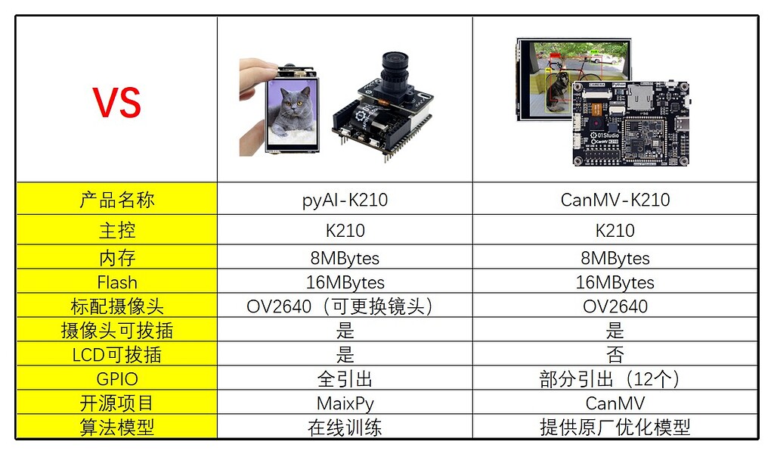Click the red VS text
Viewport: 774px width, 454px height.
(117, 102)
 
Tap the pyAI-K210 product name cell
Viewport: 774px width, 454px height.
(345, 200)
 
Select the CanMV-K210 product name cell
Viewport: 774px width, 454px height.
(615, 200)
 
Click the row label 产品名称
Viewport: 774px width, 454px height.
(117, 200)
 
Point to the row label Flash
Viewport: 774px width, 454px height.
(117, 282)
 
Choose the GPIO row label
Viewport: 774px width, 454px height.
(117, 379)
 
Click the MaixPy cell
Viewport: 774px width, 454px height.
(345, 403)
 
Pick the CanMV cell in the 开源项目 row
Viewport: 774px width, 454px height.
(615, 403)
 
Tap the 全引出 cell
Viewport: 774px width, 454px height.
(345, 379)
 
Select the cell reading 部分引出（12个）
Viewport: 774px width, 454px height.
(615, 379)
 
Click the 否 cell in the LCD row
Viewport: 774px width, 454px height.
(615, 355)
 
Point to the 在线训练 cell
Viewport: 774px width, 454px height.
(345, 428)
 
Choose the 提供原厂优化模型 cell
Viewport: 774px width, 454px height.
(615, 428)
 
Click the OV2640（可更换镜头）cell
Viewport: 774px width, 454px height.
(345, 306)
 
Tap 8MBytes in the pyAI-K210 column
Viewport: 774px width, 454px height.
(345, 258)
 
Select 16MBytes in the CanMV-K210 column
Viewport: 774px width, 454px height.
(615, 282)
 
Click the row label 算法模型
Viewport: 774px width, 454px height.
(117, 428)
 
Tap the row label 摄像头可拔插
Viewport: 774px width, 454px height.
(117, 331)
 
